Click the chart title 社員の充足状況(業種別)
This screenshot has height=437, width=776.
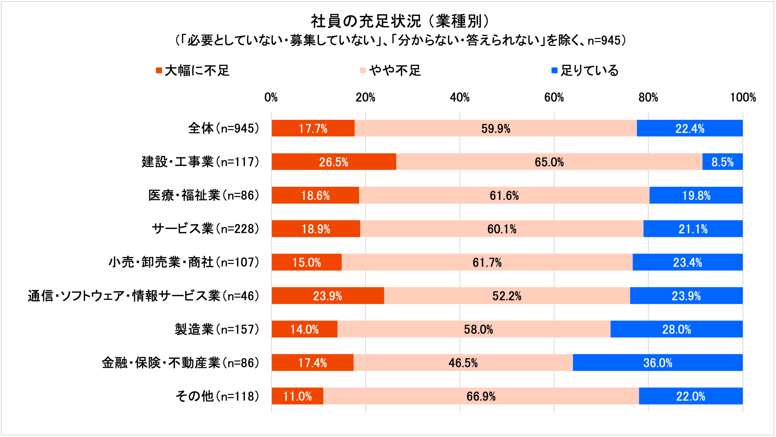[401, 21]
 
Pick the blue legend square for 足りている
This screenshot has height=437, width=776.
[554, 71]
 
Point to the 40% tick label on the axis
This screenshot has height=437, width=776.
[460, 97]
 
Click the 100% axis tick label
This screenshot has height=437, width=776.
[743, 97]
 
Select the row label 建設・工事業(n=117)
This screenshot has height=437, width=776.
[200, 162]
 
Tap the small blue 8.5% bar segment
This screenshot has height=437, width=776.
[722, 162]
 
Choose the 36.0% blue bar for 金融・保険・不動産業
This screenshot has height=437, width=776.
[658, 362]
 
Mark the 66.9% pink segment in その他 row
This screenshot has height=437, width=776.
[481, 396]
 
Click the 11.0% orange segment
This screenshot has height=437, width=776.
[297, 396]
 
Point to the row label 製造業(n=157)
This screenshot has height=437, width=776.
[217, 329]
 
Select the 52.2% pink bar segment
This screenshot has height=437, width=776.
[507, 296]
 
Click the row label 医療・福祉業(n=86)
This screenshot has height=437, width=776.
[204, 195]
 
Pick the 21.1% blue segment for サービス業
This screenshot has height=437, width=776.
[693, 229]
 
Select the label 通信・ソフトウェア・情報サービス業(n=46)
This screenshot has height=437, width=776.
[144, 296]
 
